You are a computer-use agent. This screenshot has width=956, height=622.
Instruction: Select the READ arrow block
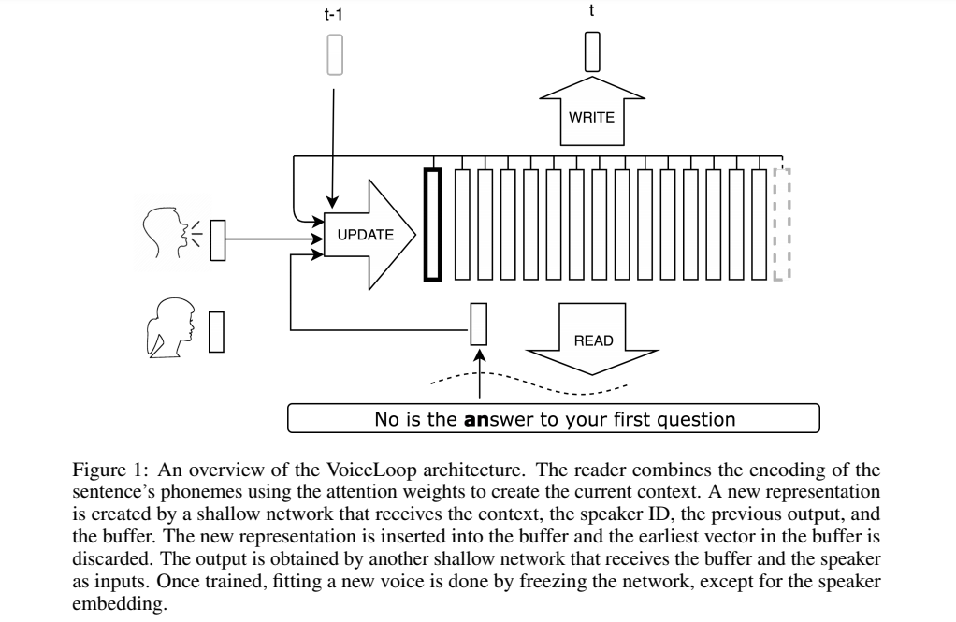(x=592, y=339)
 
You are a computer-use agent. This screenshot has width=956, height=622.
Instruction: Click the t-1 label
(x=334, y=14)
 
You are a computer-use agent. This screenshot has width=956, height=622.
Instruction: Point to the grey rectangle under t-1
(x=335, y=55)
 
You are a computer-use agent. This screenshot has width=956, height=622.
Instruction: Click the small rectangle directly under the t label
(x=592, y=51)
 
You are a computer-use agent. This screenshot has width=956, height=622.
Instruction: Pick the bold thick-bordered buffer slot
(x=432, y=225)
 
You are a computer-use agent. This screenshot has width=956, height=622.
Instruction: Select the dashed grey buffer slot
(x=782, y=224)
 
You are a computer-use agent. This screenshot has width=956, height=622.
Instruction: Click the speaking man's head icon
(x=166, y=232)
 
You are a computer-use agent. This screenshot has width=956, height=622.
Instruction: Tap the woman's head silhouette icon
(x=170, y=327)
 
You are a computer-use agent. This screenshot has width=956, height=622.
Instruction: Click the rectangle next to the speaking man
(x=218, y=240)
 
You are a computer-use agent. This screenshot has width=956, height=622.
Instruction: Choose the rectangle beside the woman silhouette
(x=216, y=332)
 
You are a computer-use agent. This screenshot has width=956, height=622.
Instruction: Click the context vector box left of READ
(x=479, y=324)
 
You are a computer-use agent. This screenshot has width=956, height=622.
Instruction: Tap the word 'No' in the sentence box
(x=385, y=420)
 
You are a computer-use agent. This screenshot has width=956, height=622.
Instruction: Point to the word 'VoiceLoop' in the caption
(x=372, y=470)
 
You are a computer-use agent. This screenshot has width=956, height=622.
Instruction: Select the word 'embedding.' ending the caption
(x=120, y=603)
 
